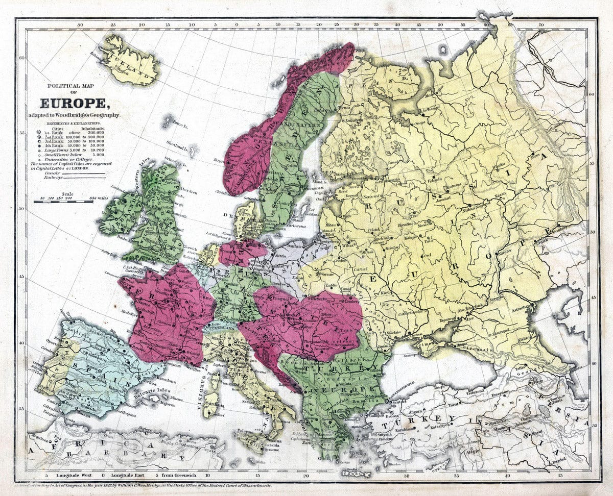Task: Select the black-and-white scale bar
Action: pos(63,202)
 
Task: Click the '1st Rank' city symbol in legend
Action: pos(38,132)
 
